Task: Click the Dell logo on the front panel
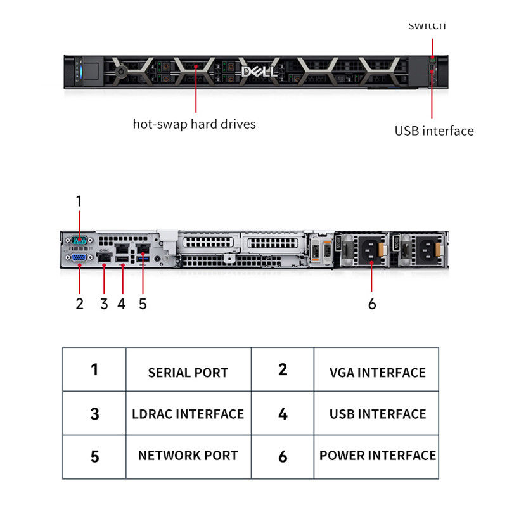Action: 259,71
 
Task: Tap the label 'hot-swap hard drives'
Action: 194,124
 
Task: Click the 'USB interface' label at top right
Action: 434,131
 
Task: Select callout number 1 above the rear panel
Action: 79,202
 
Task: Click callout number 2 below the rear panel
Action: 79,304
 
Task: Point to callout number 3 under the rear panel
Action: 104,304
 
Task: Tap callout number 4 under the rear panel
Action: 122,304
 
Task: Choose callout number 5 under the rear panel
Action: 143,304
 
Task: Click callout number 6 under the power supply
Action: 372,304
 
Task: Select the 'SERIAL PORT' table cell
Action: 188,373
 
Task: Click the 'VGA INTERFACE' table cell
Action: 377,373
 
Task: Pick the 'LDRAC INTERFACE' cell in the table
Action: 188,414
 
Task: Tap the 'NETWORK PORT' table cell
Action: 188,456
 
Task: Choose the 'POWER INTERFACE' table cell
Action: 377,456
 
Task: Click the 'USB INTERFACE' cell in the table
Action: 377,414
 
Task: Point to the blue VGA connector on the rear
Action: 79,257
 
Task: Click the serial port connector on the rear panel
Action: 79,240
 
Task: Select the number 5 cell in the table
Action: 94,456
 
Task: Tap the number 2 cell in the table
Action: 283,369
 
